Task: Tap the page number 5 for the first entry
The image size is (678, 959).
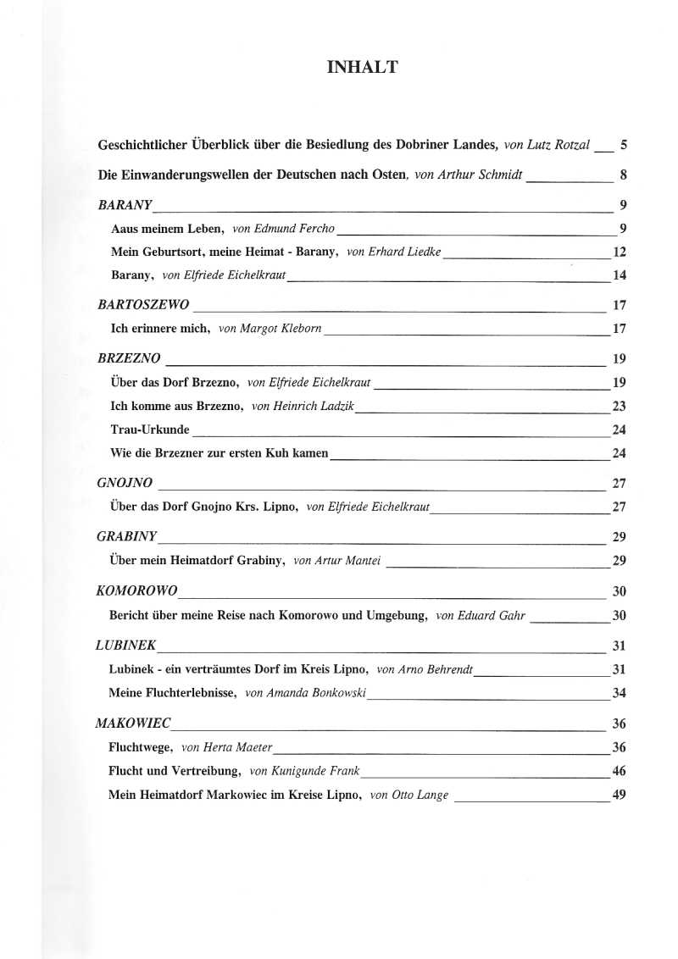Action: coord(623,145)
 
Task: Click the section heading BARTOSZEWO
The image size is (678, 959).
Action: coord(143,304)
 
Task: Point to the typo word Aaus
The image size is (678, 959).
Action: coord(125,229)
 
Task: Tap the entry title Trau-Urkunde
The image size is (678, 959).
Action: coord(151,430)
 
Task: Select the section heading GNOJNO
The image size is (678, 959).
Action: coord(125,483)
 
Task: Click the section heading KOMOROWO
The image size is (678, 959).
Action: coord(137,590)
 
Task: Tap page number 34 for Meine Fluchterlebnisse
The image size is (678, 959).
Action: coord(619,693)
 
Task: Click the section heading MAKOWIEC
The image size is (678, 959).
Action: coord(133,723)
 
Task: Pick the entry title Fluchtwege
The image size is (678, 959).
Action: coord(141,747)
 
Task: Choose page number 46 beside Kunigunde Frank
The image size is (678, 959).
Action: coord(619,771)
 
